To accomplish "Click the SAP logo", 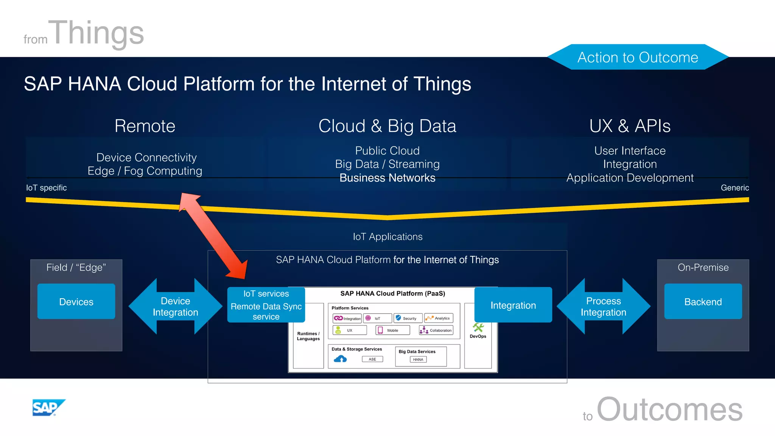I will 48,408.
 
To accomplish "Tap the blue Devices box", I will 76,302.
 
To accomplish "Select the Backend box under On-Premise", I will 703,302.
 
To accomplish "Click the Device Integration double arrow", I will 175,307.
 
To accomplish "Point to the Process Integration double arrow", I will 603,307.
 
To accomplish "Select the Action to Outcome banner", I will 638,57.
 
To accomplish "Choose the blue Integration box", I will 513,305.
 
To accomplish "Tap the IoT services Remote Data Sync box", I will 266,305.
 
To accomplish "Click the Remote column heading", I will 145,126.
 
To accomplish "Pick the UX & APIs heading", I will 630,126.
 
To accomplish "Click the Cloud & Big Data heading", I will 387,126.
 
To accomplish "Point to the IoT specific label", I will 46,188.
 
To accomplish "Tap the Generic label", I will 735,188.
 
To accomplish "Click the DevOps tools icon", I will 478,327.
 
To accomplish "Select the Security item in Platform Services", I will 408,318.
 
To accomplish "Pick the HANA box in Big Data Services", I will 418,360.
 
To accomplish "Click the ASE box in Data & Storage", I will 372,359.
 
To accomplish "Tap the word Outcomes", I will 669,410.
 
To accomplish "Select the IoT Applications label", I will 387,237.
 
